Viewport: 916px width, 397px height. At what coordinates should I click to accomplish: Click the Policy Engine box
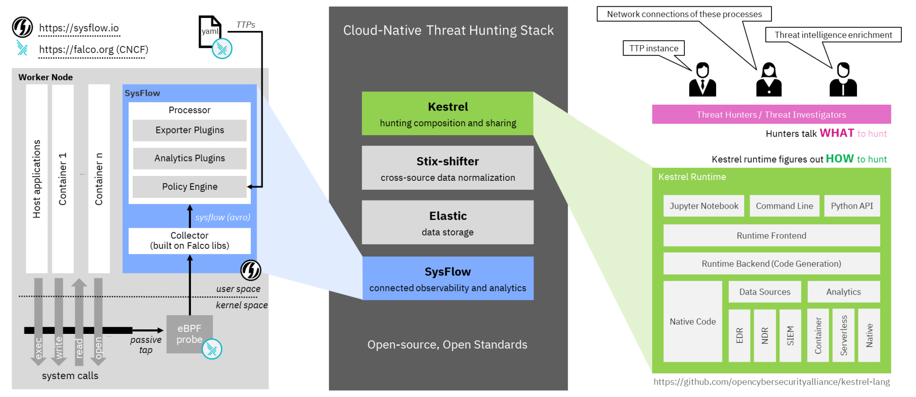point(190,187)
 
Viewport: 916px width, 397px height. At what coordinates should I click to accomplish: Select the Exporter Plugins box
point(190,130)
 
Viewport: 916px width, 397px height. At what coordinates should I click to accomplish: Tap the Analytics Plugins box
point(190,158)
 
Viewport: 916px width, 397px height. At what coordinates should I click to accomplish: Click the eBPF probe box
point(189,334)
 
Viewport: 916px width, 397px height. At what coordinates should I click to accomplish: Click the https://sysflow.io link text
point(79,28)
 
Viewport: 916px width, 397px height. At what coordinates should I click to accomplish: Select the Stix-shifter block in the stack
point(447,168)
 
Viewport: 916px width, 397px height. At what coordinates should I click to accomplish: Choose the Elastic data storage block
point(447,223)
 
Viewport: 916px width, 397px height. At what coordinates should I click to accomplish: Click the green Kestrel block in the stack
point(447,114)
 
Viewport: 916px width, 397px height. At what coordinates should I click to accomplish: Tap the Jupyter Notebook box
point(704,206)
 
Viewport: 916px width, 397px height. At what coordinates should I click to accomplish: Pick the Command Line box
point(784,206)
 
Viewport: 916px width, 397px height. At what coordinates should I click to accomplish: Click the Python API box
point(852,206)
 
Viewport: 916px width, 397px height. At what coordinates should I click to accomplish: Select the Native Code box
point(692,321)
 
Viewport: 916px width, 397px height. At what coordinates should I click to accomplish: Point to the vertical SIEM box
point(790,335)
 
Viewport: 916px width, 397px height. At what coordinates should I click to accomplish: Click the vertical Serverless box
point(844,335)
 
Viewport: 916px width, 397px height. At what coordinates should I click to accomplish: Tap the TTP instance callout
point(653,48)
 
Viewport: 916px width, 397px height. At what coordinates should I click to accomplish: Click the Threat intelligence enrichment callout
point(833,35)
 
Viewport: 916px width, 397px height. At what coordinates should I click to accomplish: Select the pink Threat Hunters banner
point(771,115)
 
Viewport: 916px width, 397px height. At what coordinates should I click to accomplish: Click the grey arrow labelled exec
point(38,322)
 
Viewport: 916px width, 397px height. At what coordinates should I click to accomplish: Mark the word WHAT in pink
point(836,133)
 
